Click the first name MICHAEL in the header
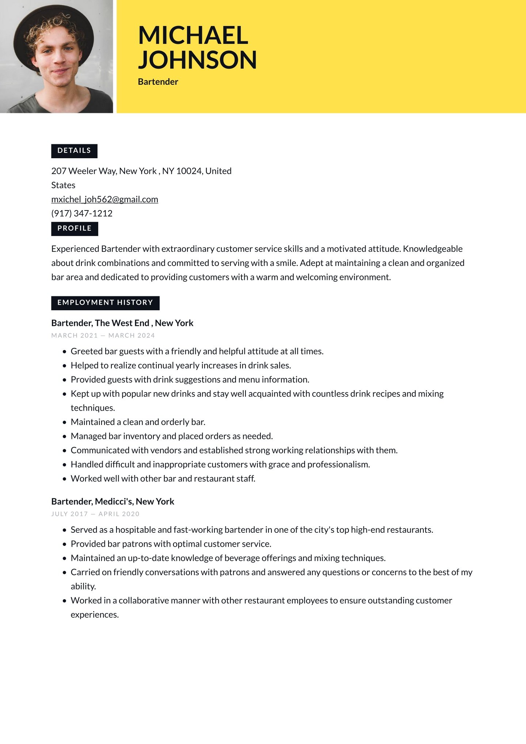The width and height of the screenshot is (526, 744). tap(193, 35)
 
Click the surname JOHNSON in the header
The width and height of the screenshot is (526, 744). tap(197, 60)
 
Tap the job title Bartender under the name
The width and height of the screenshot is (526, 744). tap(158, 82)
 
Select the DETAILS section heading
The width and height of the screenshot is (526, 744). tap(74, 151)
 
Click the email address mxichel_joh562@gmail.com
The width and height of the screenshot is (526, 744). tap(104, 200)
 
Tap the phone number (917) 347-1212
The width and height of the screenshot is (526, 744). tap(82, 213)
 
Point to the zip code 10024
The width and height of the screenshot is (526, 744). tap(189, 171)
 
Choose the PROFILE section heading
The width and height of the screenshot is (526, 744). tap(75, 228)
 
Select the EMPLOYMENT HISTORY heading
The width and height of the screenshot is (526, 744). tap(105, 303)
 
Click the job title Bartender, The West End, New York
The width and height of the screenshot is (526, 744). tap(122, 323)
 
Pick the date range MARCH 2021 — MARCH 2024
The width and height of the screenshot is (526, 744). tap(103, 335)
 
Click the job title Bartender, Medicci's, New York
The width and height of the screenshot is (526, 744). tap(113, 501)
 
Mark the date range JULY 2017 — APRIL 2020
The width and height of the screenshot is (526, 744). tap(95, 514)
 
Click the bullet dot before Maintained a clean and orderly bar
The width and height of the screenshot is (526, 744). tap(65, 422)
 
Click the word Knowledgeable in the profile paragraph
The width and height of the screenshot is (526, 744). tap(432, 249)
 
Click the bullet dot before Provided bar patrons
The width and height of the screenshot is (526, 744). tap(65, 544)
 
